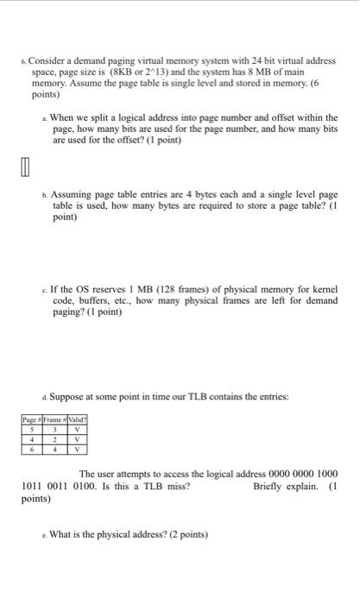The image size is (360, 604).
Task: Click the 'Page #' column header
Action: coord(32,422)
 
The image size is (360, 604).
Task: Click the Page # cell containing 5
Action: coord(32,431)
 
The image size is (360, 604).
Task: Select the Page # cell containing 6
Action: coord(32,448)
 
